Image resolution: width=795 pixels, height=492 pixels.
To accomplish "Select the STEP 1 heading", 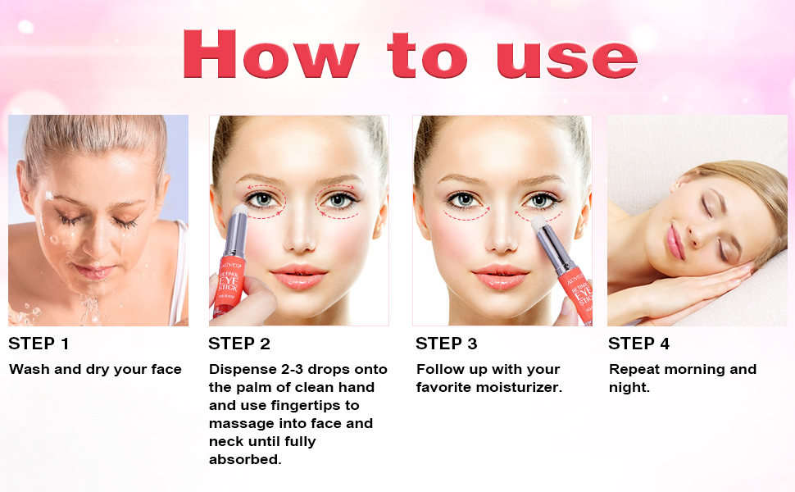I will (39, 344).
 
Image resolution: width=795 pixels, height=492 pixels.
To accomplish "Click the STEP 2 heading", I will (239, 344).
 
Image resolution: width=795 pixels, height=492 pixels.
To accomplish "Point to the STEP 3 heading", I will (447, 344).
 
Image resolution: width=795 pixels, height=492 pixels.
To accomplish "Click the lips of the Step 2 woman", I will (298, 276).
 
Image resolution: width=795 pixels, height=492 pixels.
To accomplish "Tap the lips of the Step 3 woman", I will (501, 276).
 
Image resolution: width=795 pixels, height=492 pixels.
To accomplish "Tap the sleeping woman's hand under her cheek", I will (705, 283).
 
